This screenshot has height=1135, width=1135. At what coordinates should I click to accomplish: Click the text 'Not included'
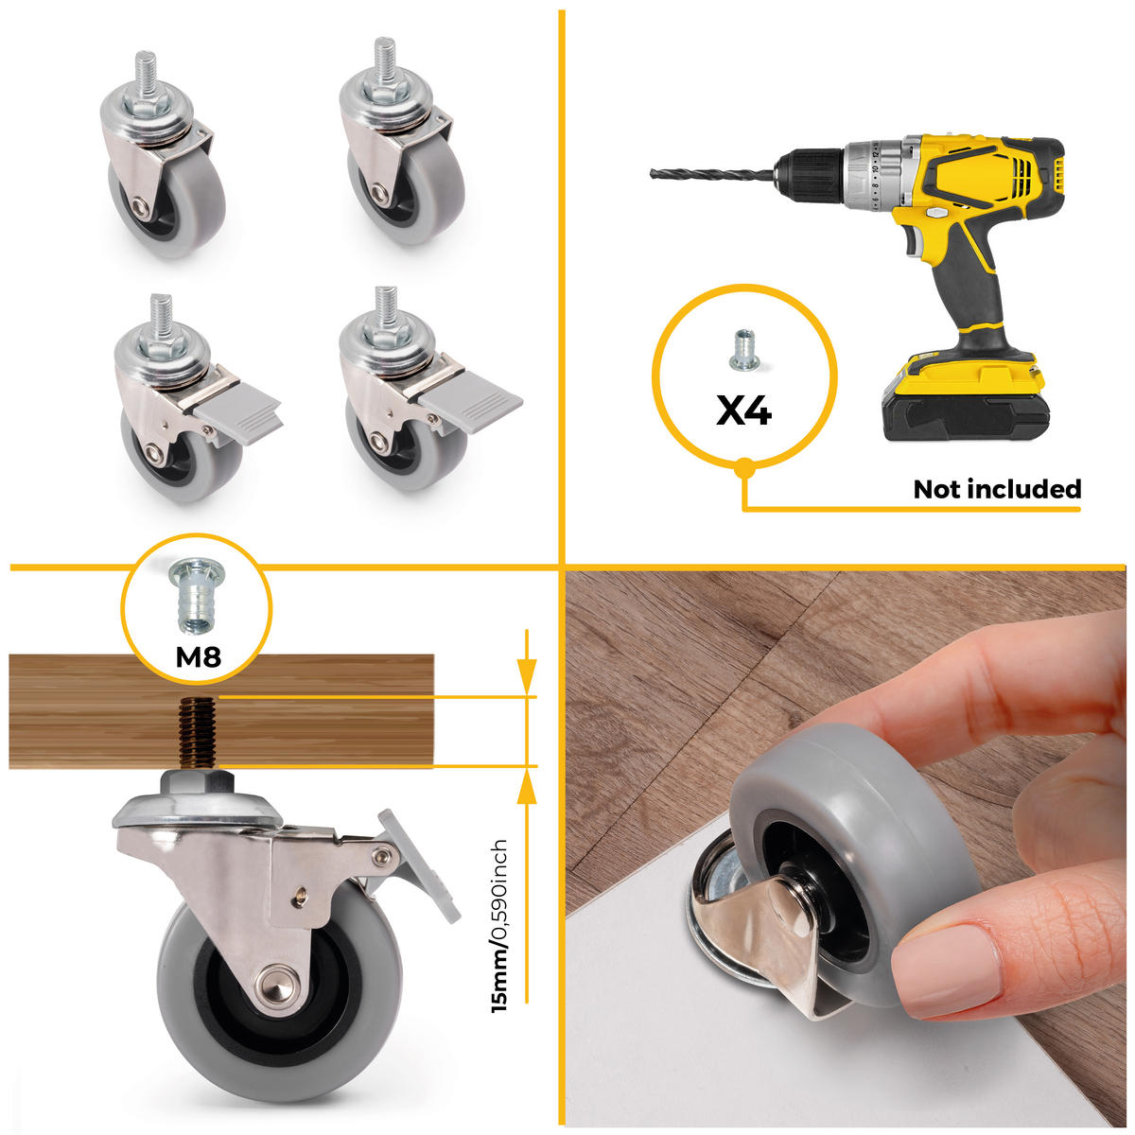996,489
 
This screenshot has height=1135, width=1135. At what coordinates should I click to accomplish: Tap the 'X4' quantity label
744,410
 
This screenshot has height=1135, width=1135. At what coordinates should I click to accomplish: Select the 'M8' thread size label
198,655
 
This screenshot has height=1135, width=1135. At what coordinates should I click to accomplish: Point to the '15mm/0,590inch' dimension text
500,926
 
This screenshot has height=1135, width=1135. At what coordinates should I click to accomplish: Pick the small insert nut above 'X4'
743,349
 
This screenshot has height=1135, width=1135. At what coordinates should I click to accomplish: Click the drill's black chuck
810,175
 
